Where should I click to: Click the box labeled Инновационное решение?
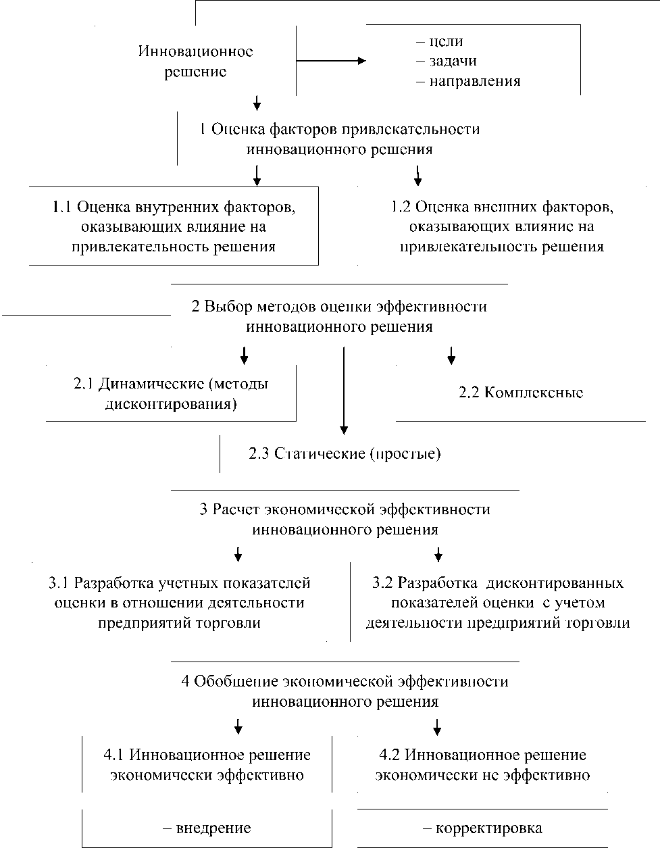195,61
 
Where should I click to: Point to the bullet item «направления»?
469,81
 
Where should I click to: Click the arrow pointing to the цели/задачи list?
330,61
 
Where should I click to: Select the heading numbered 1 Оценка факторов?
340,139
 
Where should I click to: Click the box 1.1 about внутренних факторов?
174,226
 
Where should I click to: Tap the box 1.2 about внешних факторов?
502,226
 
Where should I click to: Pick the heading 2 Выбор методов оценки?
339,316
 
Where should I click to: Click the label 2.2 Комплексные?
521,393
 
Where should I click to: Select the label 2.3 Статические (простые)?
345,453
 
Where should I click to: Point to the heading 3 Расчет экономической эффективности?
345,519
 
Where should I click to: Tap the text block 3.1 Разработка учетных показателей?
180,602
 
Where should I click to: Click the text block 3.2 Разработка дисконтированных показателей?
498,602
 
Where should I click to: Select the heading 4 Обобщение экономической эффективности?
345,691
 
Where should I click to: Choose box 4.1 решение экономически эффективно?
207,765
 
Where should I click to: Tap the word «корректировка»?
482,828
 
